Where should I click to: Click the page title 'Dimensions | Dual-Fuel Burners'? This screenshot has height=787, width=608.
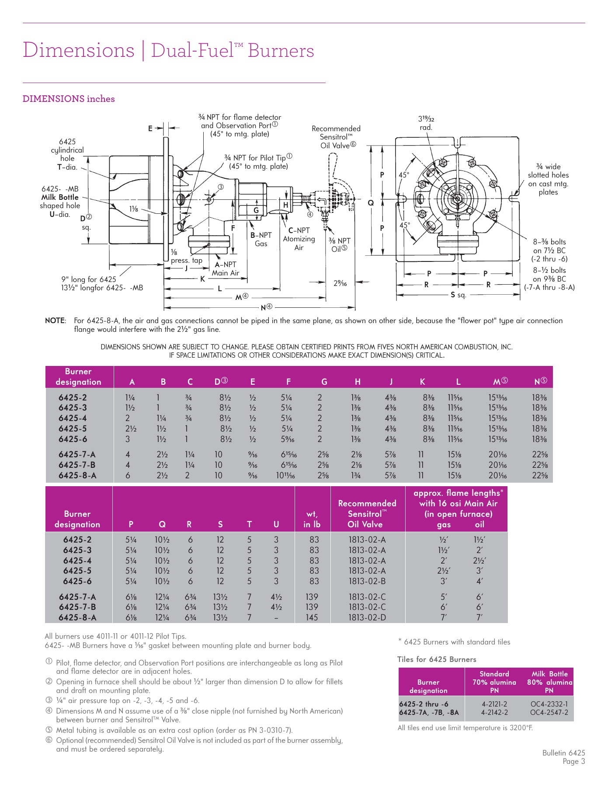click(x=168, y=50)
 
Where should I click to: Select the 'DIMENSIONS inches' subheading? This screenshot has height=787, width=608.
click(x=69, y=99)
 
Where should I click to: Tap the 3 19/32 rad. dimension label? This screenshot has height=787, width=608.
click(x=426, y=123)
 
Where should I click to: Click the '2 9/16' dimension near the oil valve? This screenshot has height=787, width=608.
click(x=340, y=283)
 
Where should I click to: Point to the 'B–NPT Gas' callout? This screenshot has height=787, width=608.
click(x=261, y=239)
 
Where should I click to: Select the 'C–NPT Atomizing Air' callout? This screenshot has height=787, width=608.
click(x=299, y=239)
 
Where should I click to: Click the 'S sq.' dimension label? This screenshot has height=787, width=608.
click(x=459, y=295)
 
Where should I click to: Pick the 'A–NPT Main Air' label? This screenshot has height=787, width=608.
click(x=226, y=268)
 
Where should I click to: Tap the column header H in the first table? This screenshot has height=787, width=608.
click(x=358, y=382)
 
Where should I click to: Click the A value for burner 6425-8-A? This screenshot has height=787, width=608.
click(x=128, y=475)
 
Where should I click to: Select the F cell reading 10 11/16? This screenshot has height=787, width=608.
click(x=287, y=475)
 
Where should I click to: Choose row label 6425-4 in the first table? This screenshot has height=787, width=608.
click(x=73, y=418)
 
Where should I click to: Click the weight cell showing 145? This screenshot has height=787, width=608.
click(x=312, y=617)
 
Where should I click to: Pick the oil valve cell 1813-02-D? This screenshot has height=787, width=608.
click(x=367, y=617)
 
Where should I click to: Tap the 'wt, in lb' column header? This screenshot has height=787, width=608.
click(x=312, y=519)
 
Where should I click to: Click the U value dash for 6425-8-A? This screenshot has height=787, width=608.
click(x=276, y=618)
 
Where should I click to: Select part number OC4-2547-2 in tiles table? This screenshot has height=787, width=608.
click(x=549, y=712)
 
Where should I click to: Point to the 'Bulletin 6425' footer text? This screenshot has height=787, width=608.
click(x=563, y=752)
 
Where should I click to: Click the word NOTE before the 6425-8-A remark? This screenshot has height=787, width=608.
click(x=55, y=320)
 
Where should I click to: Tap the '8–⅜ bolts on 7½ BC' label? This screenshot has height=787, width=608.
click(x=549, y=246)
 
